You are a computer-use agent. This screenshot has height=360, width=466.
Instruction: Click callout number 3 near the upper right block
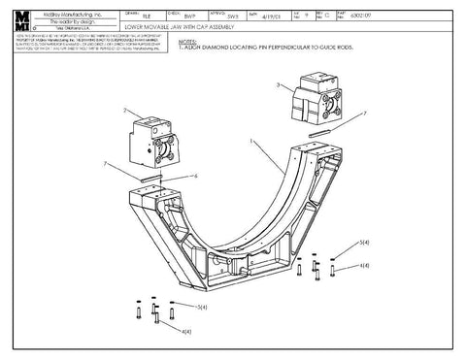(x=280, y=86)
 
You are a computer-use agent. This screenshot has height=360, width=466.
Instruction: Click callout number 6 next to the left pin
(x=196, y=176)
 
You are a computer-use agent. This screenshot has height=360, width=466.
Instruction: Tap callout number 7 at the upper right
(x=364, y=114)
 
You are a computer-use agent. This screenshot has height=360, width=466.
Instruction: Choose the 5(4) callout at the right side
(x=364, y=240)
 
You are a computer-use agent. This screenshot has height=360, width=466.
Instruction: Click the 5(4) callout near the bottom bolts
(x=201, y=307)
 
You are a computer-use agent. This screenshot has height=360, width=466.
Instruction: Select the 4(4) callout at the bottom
(x=184, y=332)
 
